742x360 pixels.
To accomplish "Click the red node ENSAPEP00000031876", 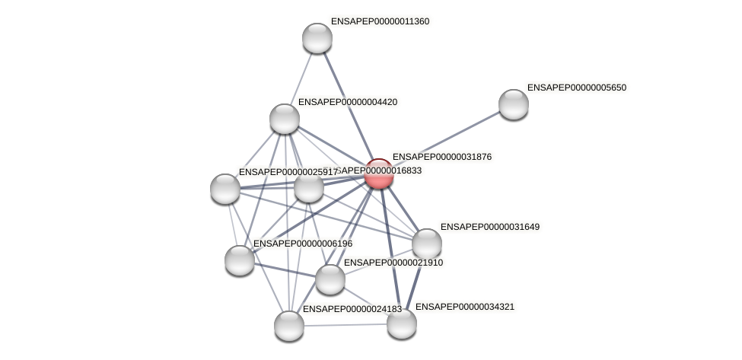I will click(x=378, y=174).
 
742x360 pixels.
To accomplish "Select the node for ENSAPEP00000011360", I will click(x=317, y=38).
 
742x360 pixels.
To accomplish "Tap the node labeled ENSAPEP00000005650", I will click(x=514, y=104).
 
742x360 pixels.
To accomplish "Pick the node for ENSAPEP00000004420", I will click(x=285, y=119).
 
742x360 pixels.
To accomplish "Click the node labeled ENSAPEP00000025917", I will click(x=225, y=189).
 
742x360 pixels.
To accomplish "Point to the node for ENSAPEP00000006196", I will click(x=240, y=260).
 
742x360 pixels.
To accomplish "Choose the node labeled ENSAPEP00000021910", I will click(x=330, y=279).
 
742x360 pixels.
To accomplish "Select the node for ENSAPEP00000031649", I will click(x=427, y=244).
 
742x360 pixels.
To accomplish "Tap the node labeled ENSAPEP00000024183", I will click(x=289, y=326).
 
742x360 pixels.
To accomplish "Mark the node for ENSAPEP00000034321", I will click(x=402, y=323).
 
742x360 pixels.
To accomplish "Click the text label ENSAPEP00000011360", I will click(x=379, y=21).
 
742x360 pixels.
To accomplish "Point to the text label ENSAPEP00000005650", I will click(x=576, y=88).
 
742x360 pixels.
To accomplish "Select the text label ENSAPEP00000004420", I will click(x=346, y=102).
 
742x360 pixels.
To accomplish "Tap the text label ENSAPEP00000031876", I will click(x=441, y=157).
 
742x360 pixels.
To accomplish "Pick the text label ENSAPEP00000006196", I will click(x=302, y=244).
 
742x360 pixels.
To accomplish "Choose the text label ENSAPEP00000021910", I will click(x=393, y=263).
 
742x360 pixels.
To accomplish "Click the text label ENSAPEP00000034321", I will click(x=464, y=307).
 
